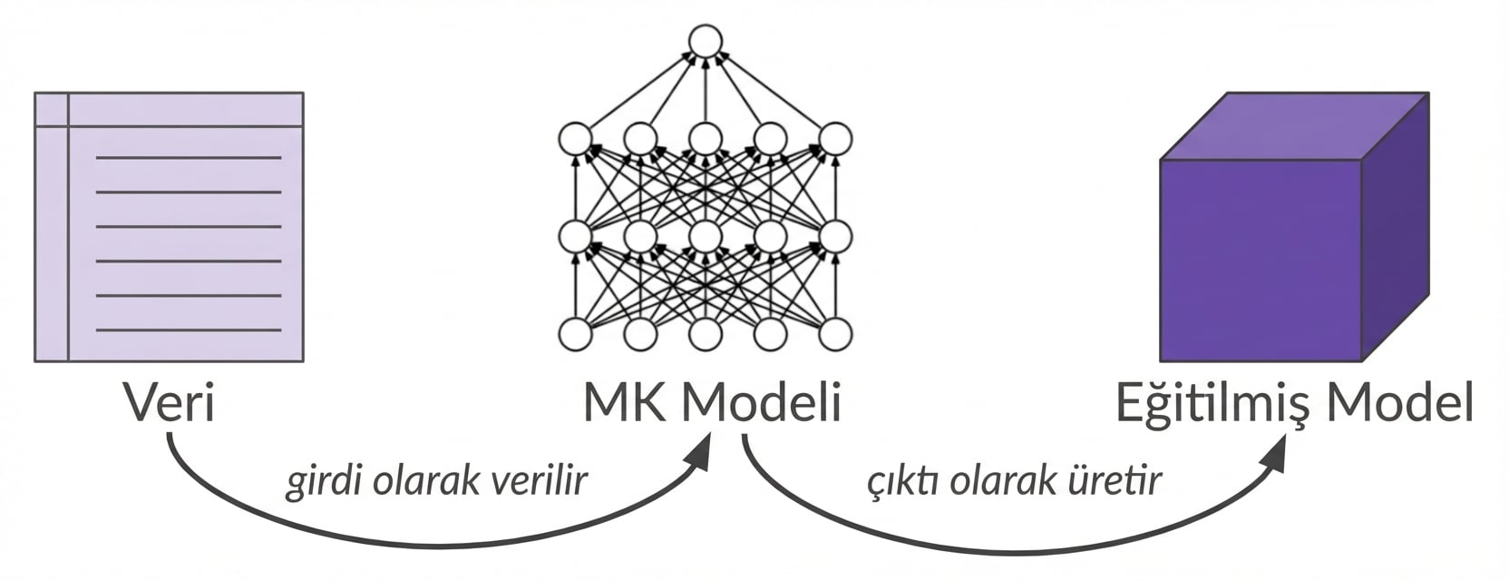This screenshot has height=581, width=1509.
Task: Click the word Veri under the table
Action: tap(170, 403)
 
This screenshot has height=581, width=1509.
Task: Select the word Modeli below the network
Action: tap(762, 403)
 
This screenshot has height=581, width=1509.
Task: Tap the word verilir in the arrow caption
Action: tap(538, 480)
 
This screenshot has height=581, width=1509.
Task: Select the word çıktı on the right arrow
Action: tap(902, 480)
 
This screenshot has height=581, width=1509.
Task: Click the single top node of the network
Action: tap(705, 41)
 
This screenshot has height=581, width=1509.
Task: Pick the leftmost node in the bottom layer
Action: tap(575, 334)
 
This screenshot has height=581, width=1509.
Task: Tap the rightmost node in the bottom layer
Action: tap(835, 334)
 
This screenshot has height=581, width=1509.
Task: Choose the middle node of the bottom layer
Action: tap(705, 334)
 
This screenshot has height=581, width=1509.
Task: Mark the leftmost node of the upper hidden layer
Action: tap(575, 139)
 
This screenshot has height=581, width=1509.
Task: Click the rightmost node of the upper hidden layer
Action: tap(835, 139)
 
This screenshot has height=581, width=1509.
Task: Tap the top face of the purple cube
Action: tap(1295, 125)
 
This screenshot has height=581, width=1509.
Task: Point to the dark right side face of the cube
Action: tap(1395, 227)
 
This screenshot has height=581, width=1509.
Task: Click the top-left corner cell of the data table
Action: tap(52, 109)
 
